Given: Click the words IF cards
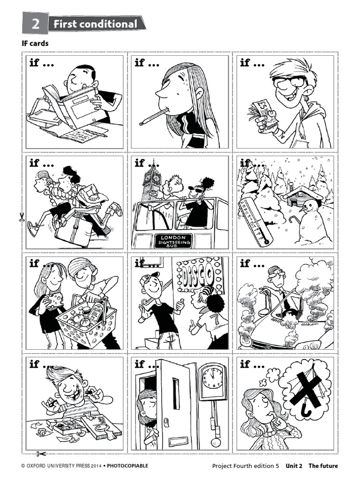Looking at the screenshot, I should click(36, 44).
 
